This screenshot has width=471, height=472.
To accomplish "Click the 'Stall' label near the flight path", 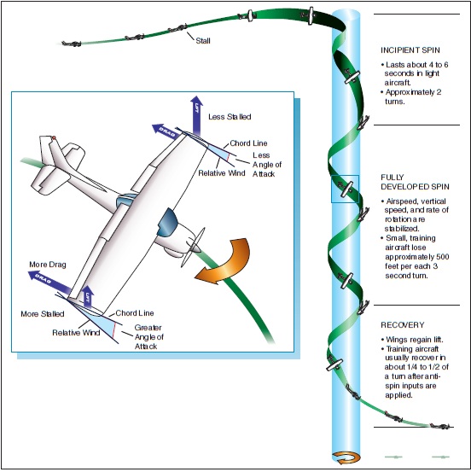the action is coord(203,41).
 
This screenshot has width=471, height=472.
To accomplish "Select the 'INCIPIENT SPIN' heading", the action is coord(410,50).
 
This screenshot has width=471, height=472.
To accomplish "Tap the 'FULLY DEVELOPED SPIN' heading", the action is coord(415,182).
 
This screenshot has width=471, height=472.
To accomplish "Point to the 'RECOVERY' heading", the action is coord(403,325).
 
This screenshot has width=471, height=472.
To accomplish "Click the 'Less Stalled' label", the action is coord(230,117).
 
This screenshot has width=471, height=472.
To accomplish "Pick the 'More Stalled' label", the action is coord(43,314).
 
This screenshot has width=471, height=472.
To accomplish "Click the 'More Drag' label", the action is coord(48,265).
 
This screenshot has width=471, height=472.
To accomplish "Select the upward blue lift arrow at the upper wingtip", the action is coord(196,115).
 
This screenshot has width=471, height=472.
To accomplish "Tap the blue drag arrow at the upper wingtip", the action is coord(166,131).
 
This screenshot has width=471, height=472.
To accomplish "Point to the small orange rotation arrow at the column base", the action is coord(346,457).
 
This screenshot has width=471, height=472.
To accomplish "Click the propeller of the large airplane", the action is coord(193,248).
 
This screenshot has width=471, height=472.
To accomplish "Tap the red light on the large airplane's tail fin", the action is coord(54,138).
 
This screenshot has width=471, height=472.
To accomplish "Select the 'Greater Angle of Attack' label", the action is coord(149,337).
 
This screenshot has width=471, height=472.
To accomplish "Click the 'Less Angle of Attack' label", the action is coord(267,165).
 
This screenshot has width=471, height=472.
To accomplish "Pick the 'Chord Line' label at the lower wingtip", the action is coord(135,313).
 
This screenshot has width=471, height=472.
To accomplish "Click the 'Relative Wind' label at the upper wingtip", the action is coord(222,173).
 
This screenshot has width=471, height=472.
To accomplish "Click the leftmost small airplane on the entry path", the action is coord(72,44).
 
